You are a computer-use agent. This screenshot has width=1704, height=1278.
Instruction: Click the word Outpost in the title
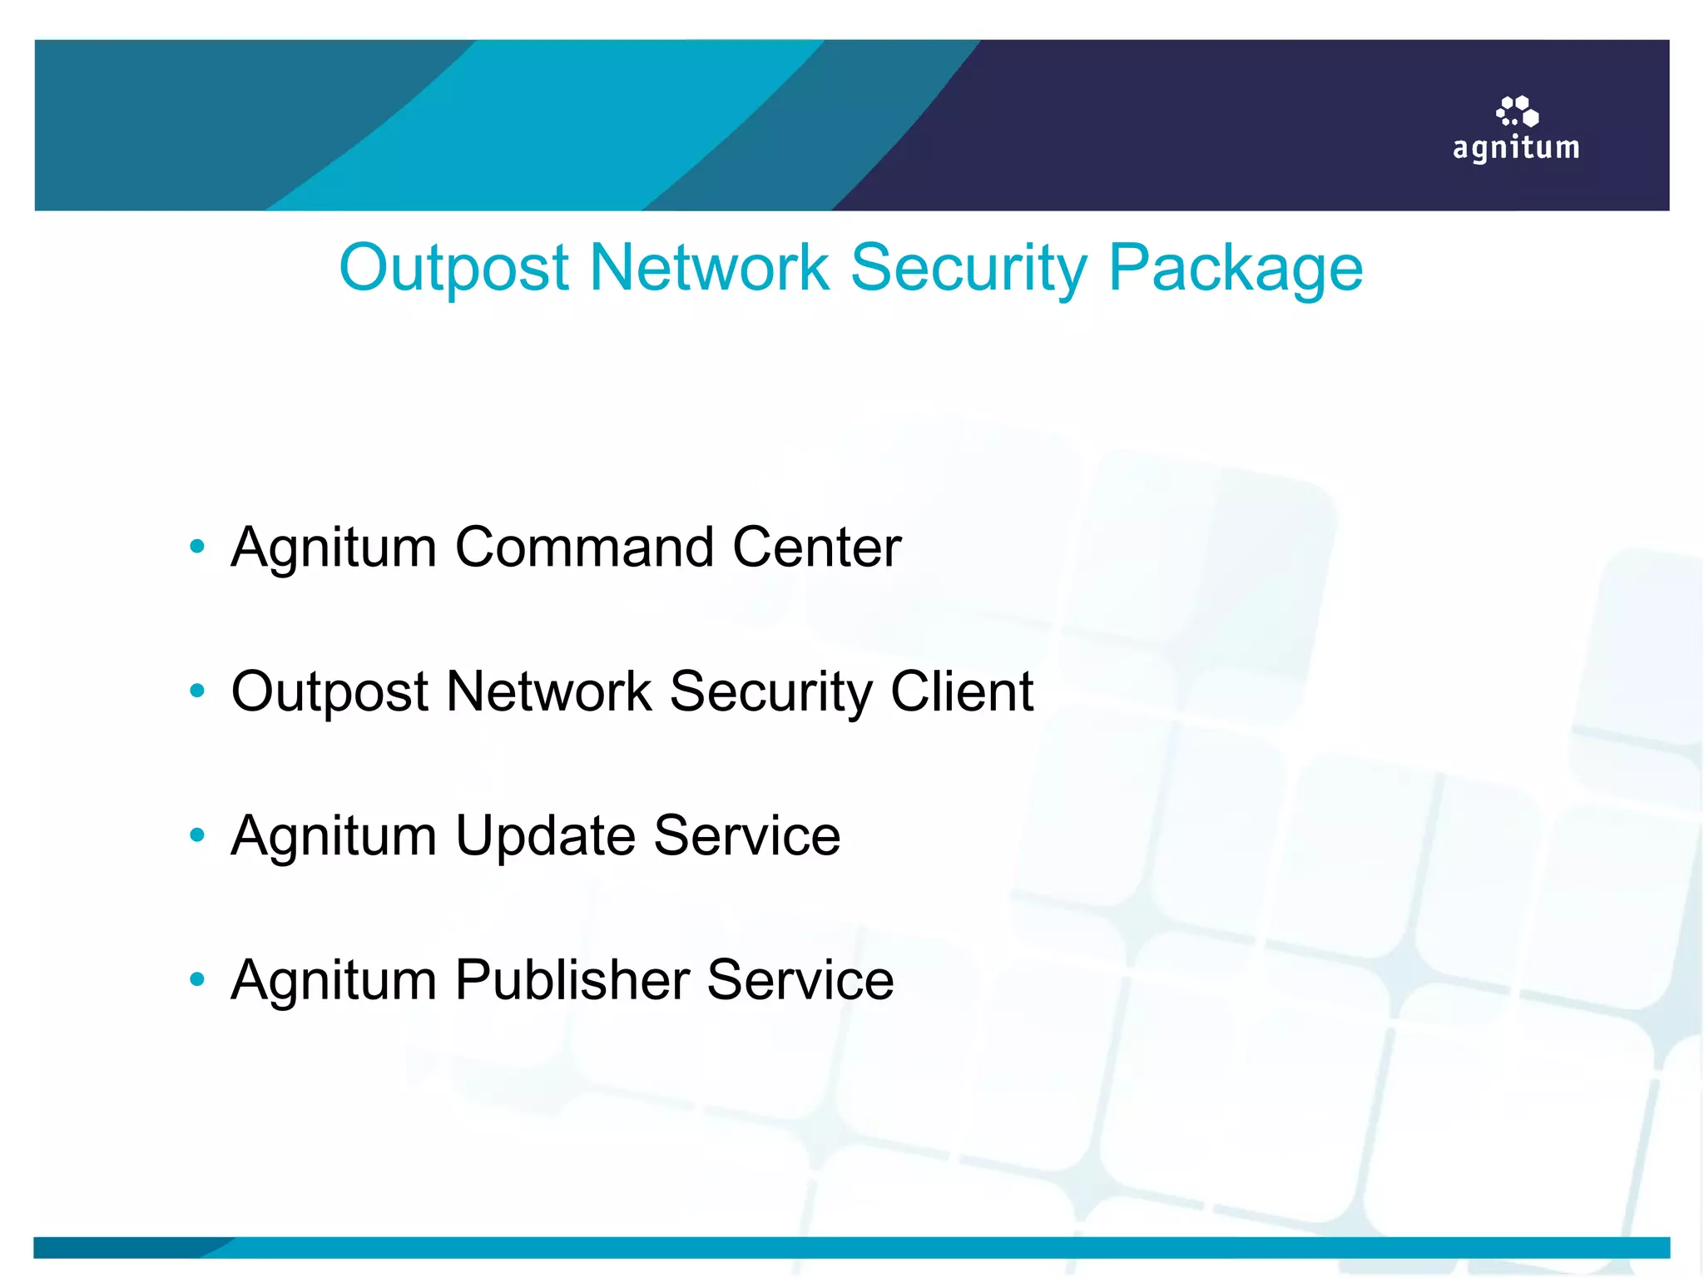453,268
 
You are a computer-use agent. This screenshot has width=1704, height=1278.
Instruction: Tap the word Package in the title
1236,268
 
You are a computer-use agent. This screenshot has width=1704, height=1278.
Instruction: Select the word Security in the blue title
968,268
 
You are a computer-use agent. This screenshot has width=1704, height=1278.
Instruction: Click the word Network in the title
709,268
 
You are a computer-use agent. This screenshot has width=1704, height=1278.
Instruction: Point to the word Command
585,547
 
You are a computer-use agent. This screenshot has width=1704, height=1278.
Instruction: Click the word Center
816,547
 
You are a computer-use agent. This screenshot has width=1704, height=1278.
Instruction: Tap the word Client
962,691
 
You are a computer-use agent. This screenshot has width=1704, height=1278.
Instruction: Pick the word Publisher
572,980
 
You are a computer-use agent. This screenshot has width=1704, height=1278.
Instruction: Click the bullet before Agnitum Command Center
197,547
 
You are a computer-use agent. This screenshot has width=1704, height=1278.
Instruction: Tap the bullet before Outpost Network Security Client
197,690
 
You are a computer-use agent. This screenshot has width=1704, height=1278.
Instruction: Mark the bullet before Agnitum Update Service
197,835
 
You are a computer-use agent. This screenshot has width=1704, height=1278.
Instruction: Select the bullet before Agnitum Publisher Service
197,978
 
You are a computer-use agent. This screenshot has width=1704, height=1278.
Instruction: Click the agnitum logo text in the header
1516,148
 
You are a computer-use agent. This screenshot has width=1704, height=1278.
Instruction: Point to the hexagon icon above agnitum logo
1518,111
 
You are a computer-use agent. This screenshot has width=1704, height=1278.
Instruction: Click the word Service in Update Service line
746,836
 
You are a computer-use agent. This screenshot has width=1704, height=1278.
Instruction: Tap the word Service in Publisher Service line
800,980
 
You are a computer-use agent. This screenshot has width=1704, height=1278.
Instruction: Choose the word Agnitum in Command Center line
334,547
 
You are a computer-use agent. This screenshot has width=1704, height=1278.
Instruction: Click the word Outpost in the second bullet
329,691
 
